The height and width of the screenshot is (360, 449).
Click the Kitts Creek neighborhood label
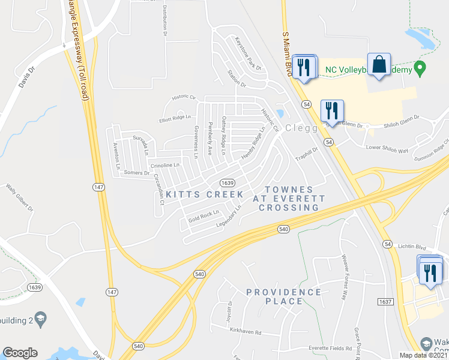tap(205, 194)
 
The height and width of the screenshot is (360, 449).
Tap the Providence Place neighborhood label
tap(283, 296)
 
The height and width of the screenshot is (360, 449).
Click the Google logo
tap(20, 353)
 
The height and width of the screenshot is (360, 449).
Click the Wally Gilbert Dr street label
tap(19, 198)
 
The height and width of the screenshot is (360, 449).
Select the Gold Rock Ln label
tap(203, 217)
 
